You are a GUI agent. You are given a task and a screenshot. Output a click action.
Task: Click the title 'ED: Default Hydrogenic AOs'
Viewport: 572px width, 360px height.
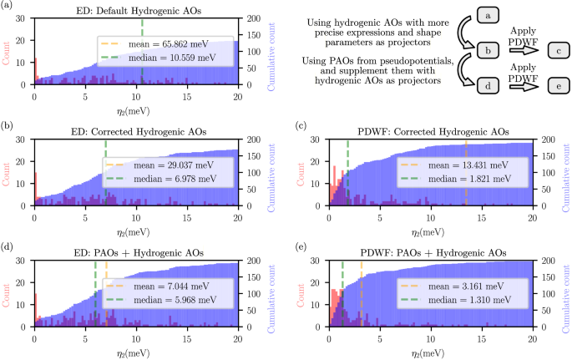click(x=135, y=10)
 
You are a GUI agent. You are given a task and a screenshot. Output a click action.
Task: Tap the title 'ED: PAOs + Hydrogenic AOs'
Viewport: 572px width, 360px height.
click(x=135, y=252)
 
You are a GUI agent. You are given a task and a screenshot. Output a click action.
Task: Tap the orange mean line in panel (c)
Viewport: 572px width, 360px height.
click(x=466, y=192)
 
